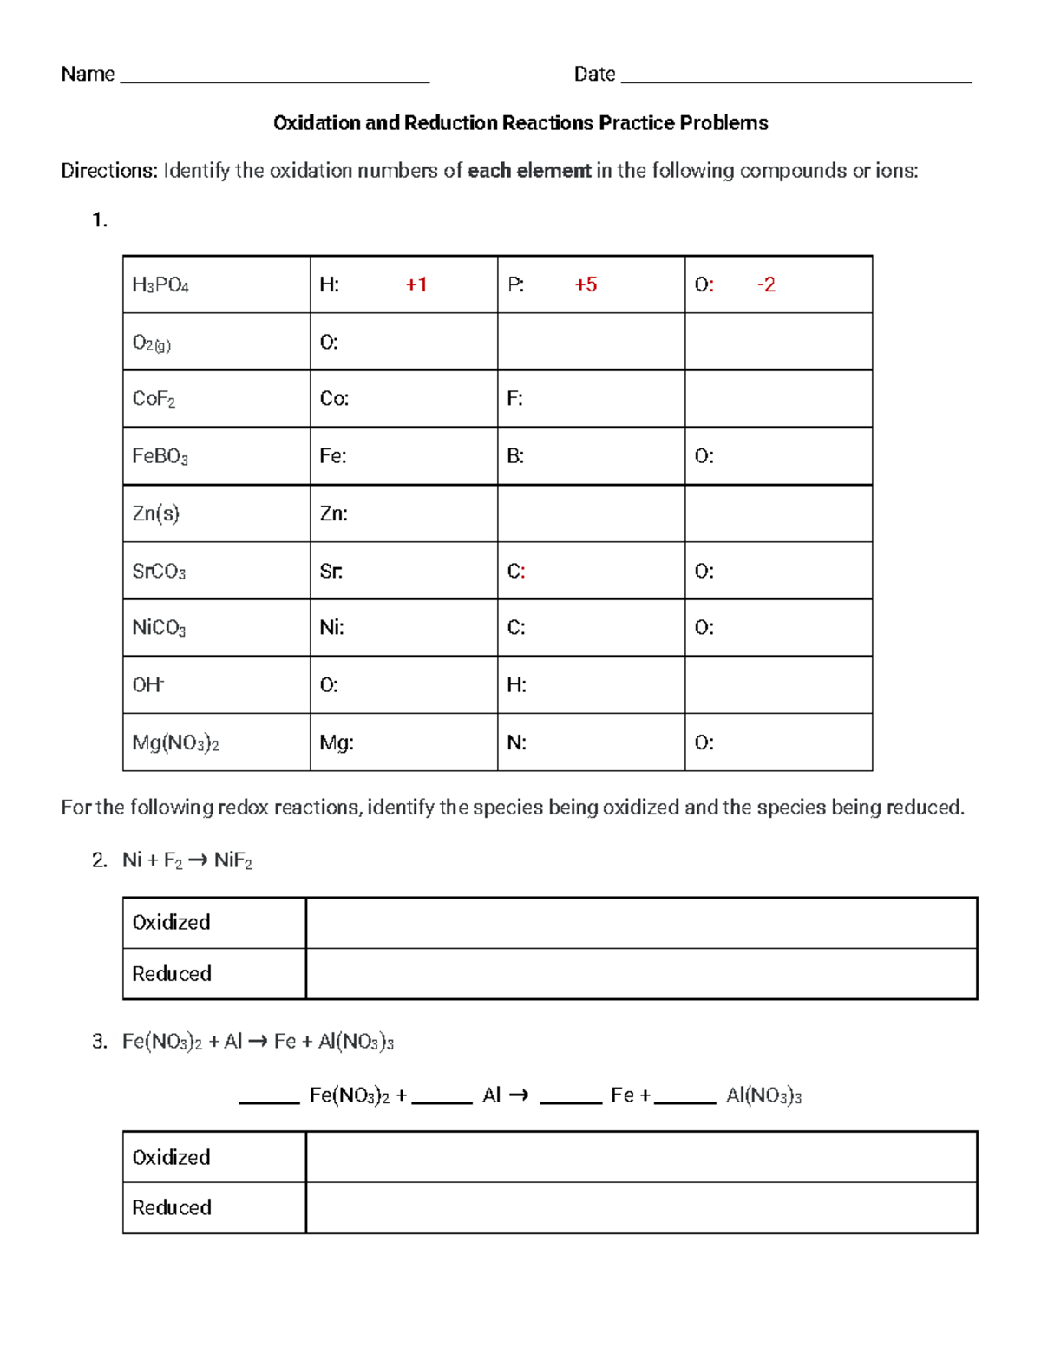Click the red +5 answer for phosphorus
pos(586,284)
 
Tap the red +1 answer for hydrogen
pos(416,284)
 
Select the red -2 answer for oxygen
pos(766,284)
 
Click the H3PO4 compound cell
pos(160,284)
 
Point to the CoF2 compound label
pos(154,399)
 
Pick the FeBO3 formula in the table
pos(160,456)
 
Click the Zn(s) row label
pos(155,513)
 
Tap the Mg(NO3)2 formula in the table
pos(175,742)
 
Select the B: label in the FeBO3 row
pos(515,456)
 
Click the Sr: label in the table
pos(331,571)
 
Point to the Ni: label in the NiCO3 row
pos(331,627)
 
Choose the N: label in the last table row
pos(516,742)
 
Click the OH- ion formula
pos(147,685)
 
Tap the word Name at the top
pos(88,75)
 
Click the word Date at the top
pos(594,75)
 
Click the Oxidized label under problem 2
pos(171,922)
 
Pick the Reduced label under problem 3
pos(171,1207)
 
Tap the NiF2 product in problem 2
pos(232,860)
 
